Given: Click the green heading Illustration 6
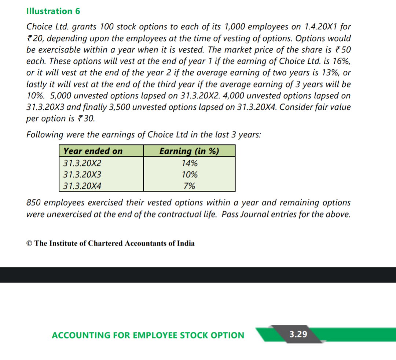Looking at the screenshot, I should (53, 11).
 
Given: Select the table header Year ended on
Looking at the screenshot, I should (93, 151).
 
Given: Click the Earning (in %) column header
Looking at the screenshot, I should (189, 151).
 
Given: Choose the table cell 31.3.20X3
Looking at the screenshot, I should (82, 174).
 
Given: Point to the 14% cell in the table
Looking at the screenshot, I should (189, 163).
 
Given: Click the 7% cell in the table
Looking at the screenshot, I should (189, 186).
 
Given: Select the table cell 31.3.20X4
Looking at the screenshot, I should (82, 186).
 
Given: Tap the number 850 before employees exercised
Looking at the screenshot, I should (34, 203).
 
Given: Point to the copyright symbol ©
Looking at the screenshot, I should (29, 243).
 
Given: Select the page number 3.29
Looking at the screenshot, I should (298, 334).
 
